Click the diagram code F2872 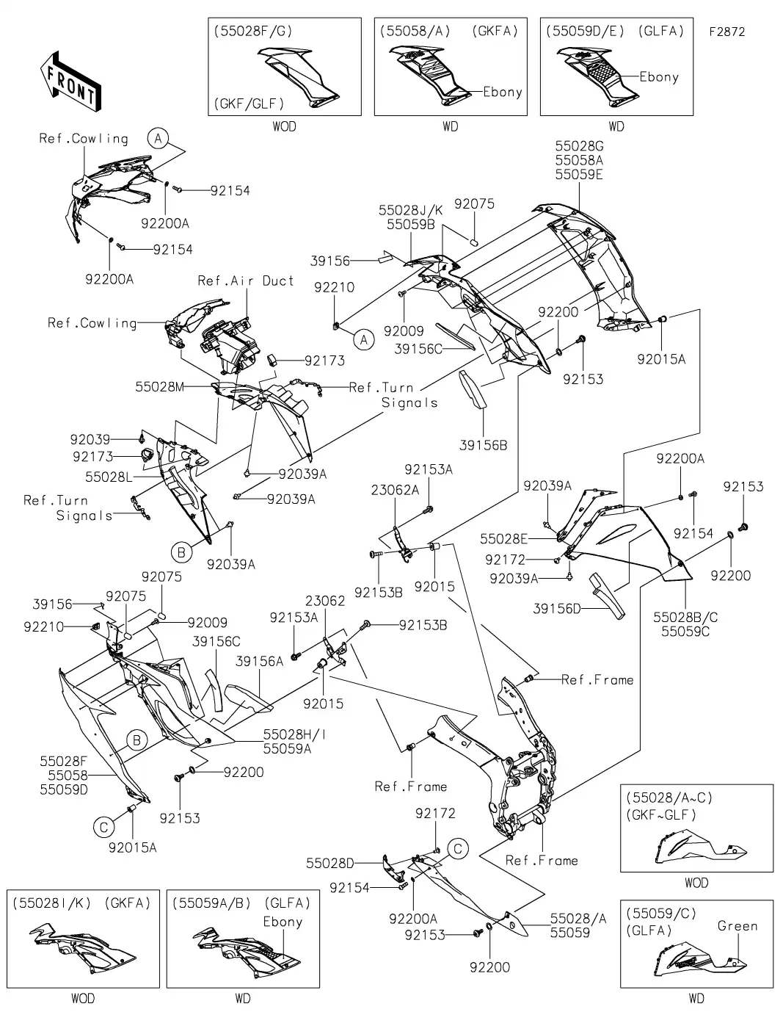coord(726,32)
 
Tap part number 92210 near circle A coord(334,287)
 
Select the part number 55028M coord(159,386)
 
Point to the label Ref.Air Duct coord(246,281)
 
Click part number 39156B coord(483,445)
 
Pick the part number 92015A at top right coord(660,359)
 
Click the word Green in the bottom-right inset coord(738,926)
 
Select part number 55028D coord(330,864)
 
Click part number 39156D coord(556,608)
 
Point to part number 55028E coord(504,539)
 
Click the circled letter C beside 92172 coord(458,850)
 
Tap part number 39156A coord(259,661)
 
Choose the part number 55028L coord(108,477)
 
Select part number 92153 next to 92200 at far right coord(743,486)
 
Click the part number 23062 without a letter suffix coord(325,600)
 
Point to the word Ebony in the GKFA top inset coord(502,92)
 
